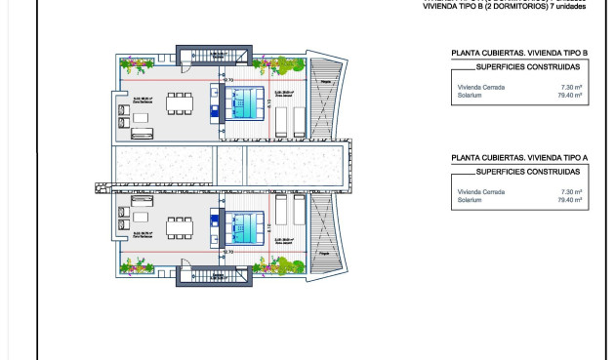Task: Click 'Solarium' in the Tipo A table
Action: (469, 199)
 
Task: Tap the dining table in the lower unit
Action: (180, 226)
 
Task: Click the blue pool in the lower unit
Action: (243, 227)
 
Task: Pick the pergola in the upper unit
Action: (328, 83)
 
